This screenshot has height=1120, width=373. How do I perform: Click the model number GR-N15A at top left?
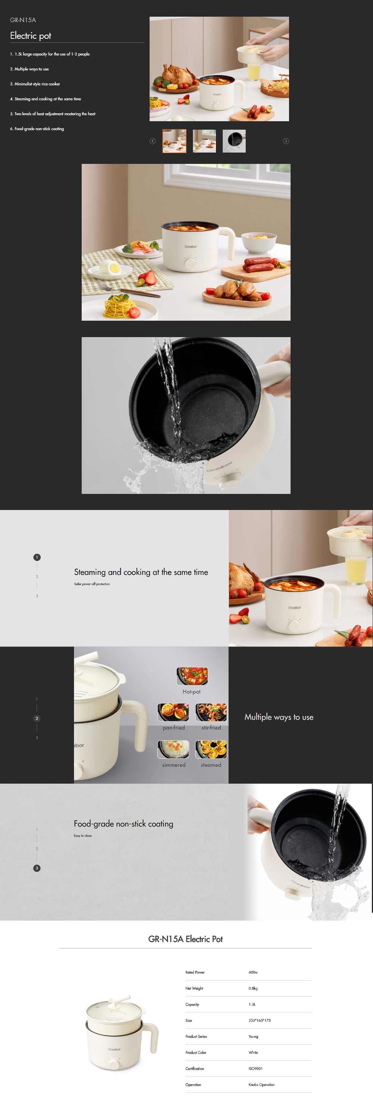tap(23, 20)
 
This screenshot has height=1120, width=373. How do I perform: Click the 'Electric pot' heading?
tap(30, 35)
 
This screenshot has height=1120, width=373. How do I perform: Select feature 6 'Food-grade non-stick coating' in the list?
tap(37, 129)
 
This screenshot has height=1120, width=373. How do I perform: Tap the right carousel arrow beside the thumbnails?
tap(286, 141)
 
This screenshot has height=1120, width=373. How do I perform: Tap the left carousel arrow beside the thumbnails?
tap(153, 141)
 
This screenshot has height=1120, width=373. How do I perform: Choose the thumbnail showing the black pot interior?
tap(234, 141)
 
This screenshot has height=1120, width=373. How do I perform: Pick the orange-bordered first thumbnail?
tap(174, 141)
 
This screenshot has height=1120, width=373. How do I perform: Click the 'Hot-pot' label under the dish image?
tap(191, 692)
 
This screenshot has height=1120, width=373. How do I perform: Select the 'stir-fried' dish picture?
tap(211, 712)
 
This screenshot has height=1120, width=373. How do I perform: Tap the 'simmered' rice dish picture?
tap(173, 749)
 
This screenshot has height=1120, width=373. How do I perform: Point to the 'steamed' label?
tap(211, 765)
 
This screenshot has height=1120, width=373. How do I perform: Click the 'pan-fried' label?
tap(174, 727)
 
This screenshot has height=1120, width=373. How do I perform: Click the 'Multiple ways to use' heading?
tap(279, 717)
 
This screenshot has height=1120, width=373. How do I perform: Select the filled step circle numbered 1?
tap(37, 557)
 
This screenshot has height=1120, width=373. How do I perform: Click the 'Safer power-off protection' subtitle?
tap(92, 584)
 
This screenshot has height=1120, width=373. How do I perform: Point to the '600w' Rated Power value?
tap(253, 972)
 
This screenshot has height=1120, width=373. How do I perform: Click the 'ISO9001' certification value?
tap(256, 1068)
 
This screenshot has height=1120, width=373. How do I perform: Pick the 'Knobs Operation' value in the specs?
tap(261, 1085)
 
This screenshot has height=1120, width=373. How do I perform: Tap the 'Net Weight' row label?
tap(194, 988)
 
